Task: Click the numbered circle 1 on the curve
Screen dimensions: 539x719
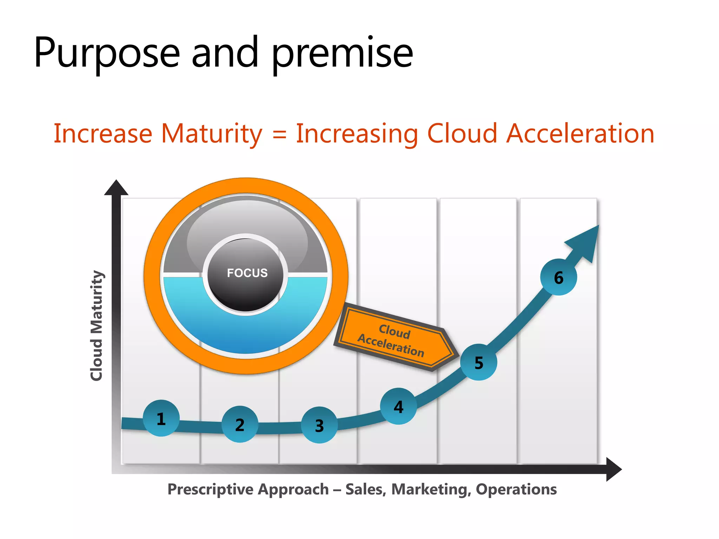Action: click(161, 418)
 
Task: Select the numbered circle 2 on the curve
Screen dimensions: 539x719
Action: click(240, 424)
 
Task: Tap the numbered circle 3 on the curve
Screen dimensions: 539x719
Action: click(319, 425)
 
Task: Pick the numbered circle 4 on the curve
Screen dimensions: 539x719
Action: click(398, 406)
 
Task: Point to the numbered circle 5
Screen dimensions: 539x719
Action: click(479, 362)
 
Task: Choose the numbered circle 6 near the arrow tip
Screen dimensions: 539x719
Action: click(558, 277)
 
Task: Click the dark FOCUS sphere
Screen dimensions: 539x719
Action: click(246, 274)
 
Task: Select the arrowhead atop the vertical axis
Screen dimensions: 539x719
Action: click(116, 188)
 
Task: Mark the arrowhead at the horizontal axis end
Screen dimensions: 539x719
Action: click(613, 469)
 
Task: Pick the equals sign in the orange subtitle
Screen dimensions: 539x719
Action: click(279, 134)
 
